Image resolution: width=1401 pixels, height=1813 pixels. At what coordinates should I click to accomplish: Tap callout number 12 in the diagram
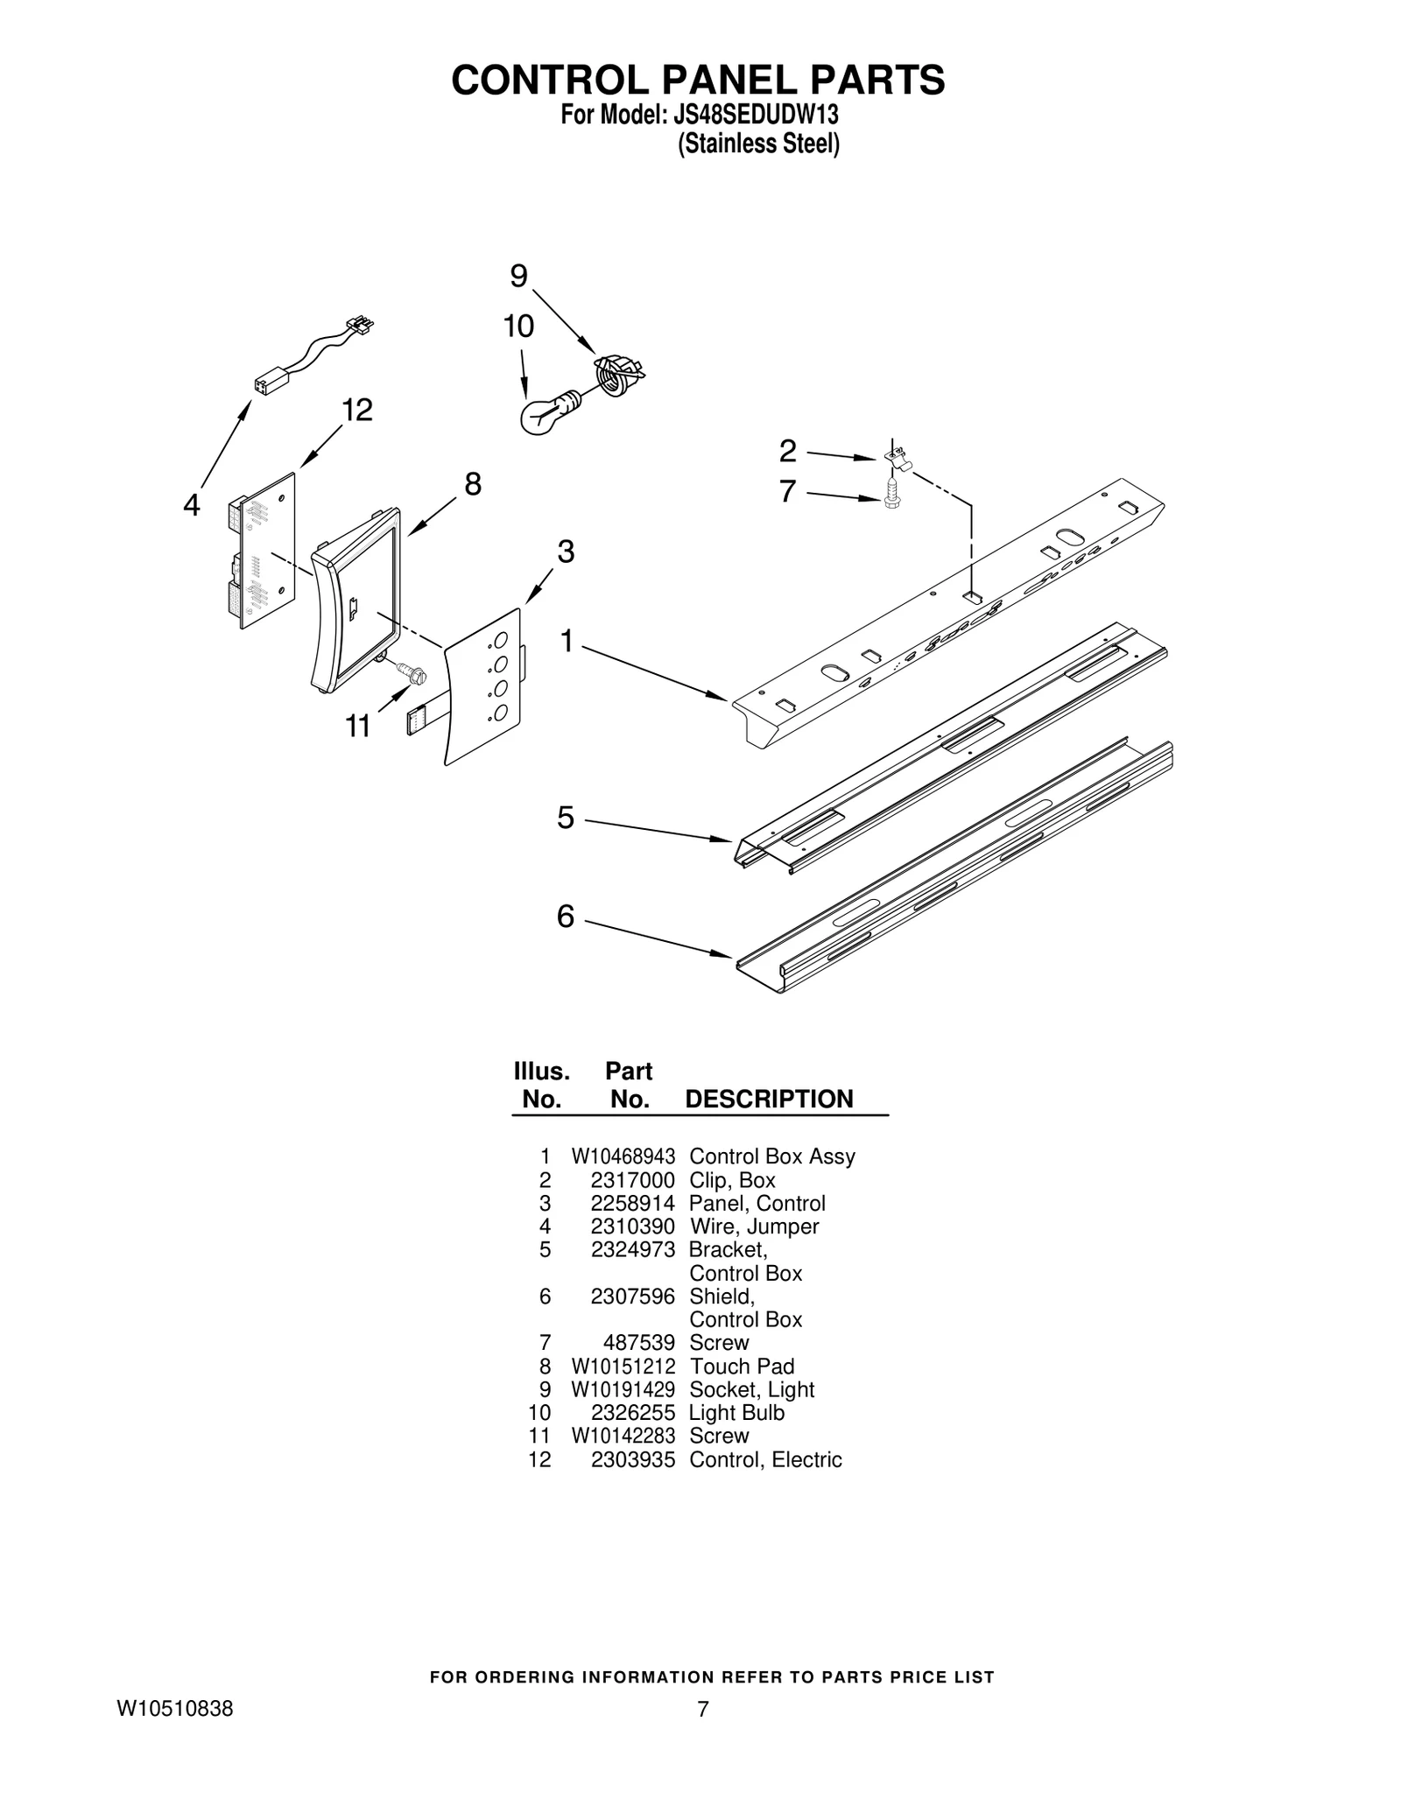(x=357, y=410)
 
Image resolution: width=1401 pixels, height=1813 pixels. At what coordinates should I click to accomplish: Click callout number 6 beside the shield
(x=566, y=917)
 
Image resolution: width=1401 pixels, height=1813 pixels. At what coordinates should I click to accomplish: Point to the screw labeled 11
(x=410, y=673)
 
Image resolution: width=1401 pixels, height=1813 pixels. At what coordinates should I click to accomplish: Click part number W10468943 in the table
(x=623, y=1156)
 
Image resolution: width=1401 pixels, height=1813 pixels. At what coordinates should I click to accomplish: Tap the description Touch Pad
(x=742, y=1367)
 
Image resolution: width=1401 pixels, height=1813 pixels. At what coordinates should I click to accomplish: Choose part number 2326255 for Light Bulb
(x=632, y=1413)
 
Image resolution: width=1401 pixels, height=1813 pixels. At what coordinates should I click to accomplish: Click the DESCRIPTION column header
(x=768, y=1099)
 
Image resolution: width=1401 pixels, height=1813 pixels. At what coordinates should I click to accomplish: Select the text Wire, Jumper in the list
(x=754, y=1226)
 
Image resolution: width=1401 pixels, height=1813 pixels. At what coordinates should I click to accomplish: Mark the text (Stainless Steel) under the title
(x=758, y=144)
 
